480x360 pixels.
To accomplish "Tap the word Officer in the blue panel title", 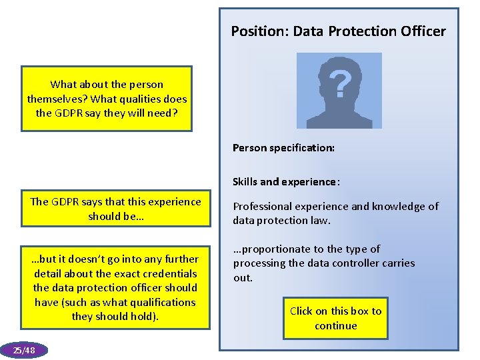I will coord(421,31).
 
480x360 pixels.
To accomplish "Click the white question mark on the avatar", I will coord(340,83).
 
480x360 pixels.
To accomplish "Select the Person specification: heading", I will coord(283,148).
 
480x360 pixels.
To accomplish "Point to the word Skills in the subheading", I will coord(246,182).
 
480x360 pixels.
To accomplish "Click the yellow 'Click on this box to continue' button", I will coord(335,318).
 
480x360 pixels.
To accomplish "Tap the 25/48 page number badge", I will coord(24,350).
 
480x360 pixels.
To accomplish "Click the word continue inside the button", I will coord(335,326).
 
